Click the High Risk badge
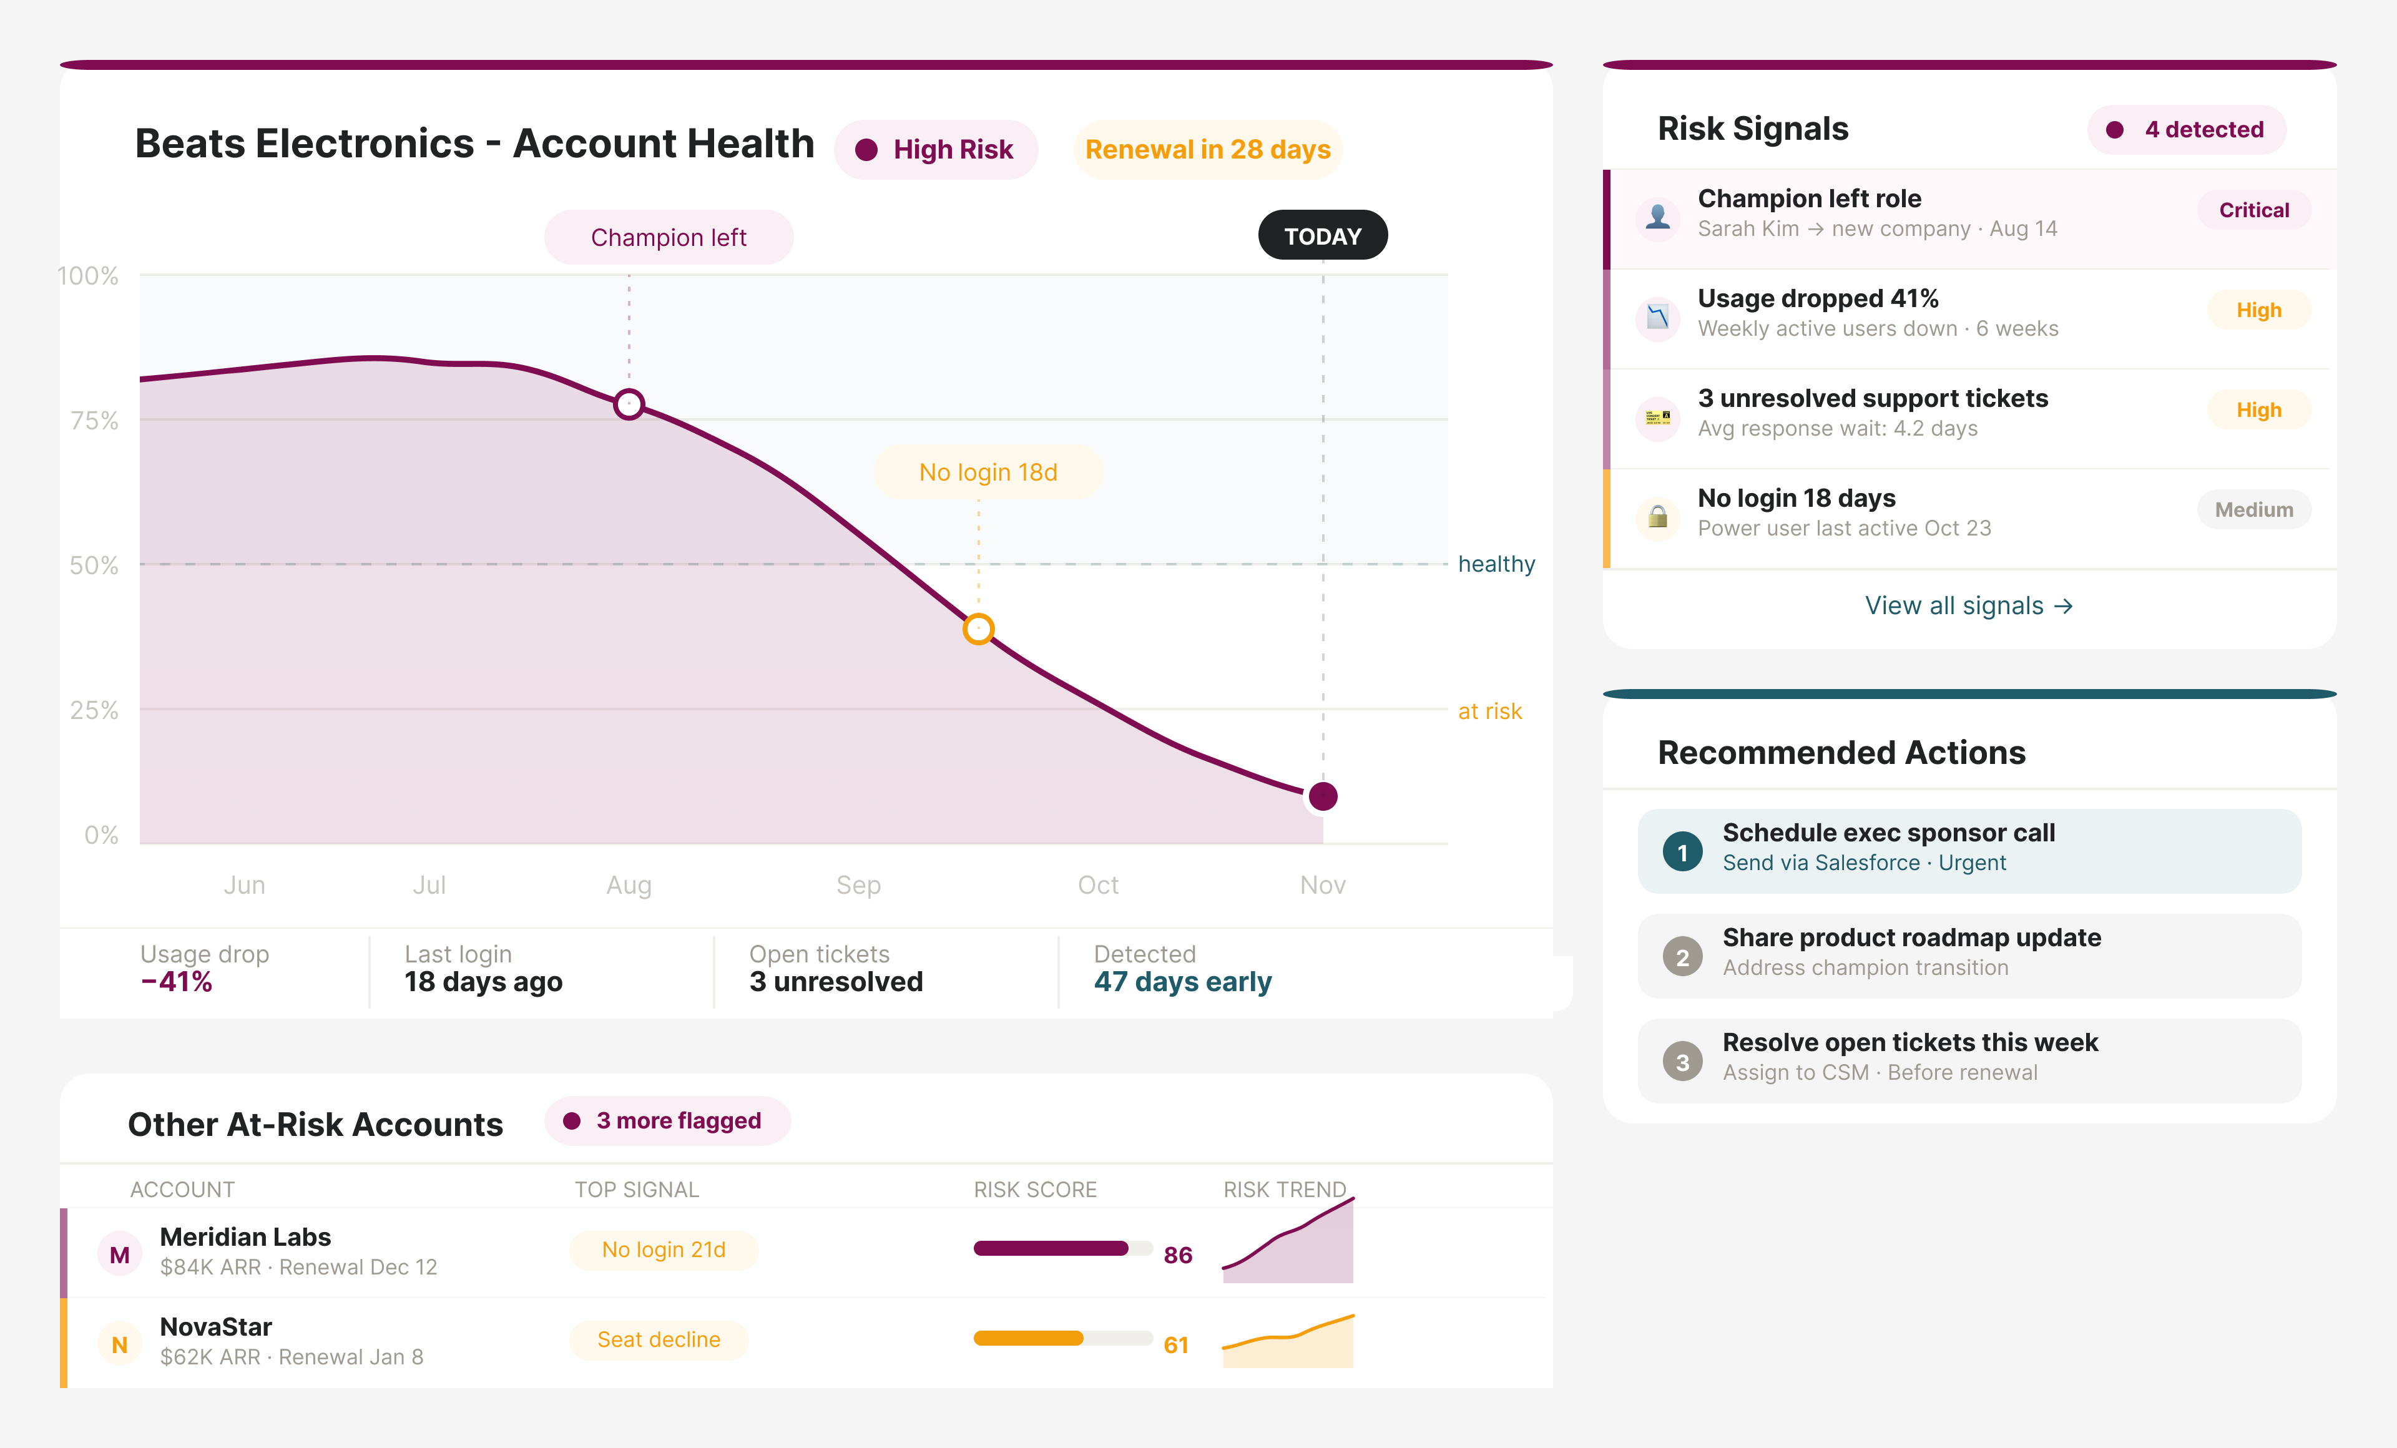936,150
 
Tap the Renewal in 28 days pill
1207,150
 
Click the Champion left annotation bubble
669,237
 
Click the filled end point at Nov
1322,796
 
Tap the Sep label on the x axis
858,885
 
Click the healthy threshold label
1495,564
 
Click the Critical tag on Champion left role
2253,210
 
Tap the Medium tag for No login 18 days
2253,509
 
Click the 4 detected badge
2186,129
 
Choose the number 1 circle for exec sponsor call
1682,852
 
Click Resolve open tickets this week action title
1909,1042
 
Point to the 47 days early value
1182,982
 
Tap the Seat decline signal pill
659,1340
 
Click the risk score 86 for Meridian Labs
1177,1255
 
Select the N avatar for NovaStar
120,1345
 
